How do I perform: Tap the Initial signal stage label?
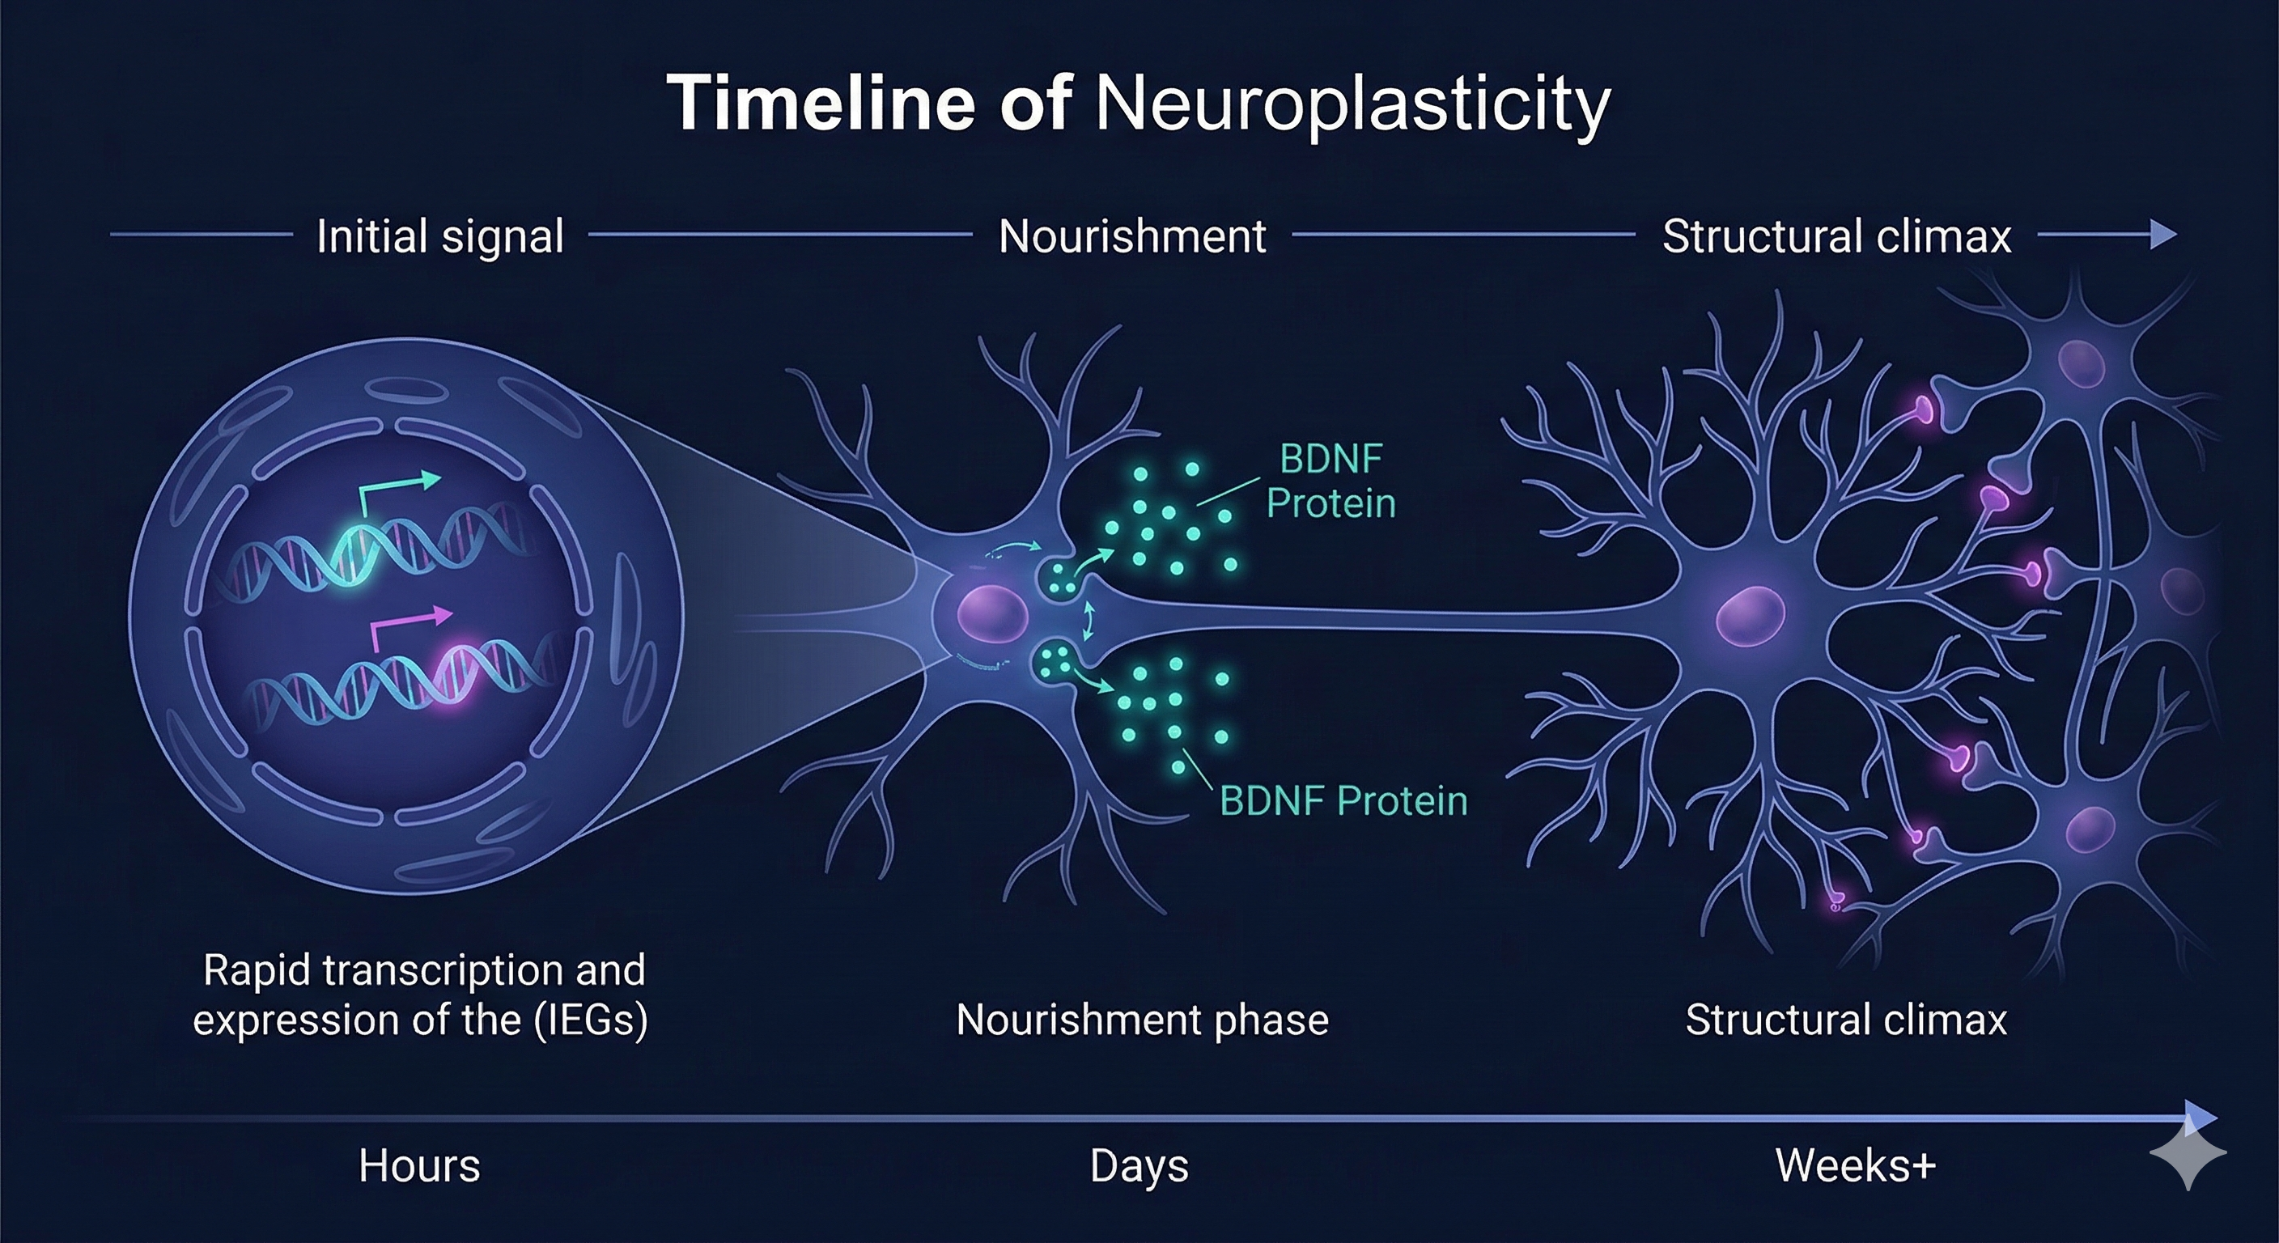[x=439, y=237]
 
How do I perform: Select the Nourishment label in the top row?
[x=1132, y=237]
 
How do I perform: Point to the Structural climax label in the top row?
[x=1836, y=237]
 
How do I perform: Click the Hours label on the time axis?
[x=419, y=1166]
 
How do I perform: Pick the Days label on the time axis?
[x=1139, y=1166]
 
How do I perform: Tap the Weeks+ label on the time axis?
[x=1855, y=1166]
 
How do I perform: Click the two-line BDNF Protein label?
[x=1330, y=482]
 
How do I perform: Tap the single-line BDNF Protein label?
[x=1343, y=800]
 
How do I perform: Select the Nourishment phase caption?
[x=1142, y=1020]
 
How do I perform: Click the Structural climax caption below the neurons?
[x=1845, y=1020]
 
